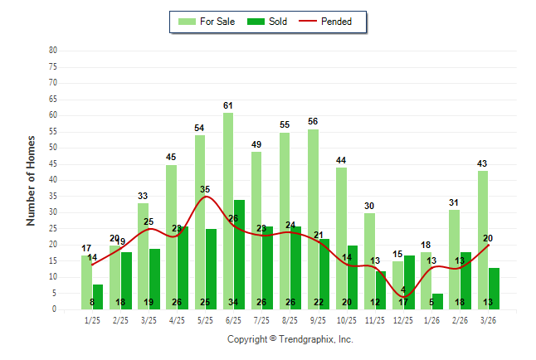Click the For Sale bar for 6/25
pyautogui.click(x=227, y=211)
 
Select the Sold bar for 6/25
pyautogui.click(x=239, y=254)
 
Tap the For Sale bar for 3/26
pyautogui.click(x=483, y=240)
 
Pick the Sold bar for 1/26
pyautogui.click(x=437, y=301)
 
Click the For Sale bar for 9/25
pyautogui.click(x=313, y=219)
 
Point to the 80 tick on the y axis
pyautogui.click(x=52, y=50)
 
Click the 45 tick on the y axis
pyautogui.click(x=52, y=163)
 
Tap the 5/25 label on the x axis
pyautogui.click(x=205, y=320)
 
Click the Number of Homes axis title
pyautogui.click(x=31, y=180)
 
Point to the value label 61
pyautogui.click(x=228, y=105)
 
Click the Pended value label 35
pyautogui.click(x=205, y=189)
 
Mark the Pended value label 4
pyautogui.click(x=404, y=290)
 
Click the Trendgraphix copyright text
pyautogui.click(x=290, y=339)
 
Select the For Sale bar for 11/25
pyautogui.click(x=369, y=260)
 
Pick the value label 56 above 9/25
pyautogui.click(x=313, y=121)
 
